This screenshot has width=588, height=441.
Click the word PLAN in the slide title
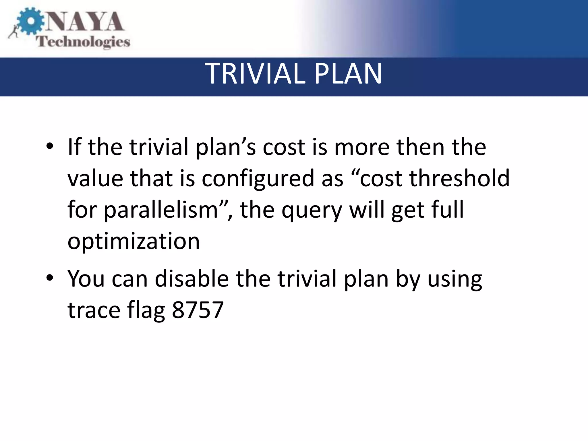(348, 74)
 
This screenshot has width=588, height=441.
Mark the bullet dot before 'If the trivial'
(50, 146)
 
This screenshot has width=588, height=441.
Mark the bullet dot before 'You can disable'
(50, 278)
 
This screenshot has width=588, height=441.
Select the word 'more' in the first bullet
(361, 147)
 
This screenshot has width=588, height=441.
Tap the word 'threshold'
(459, 178)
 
